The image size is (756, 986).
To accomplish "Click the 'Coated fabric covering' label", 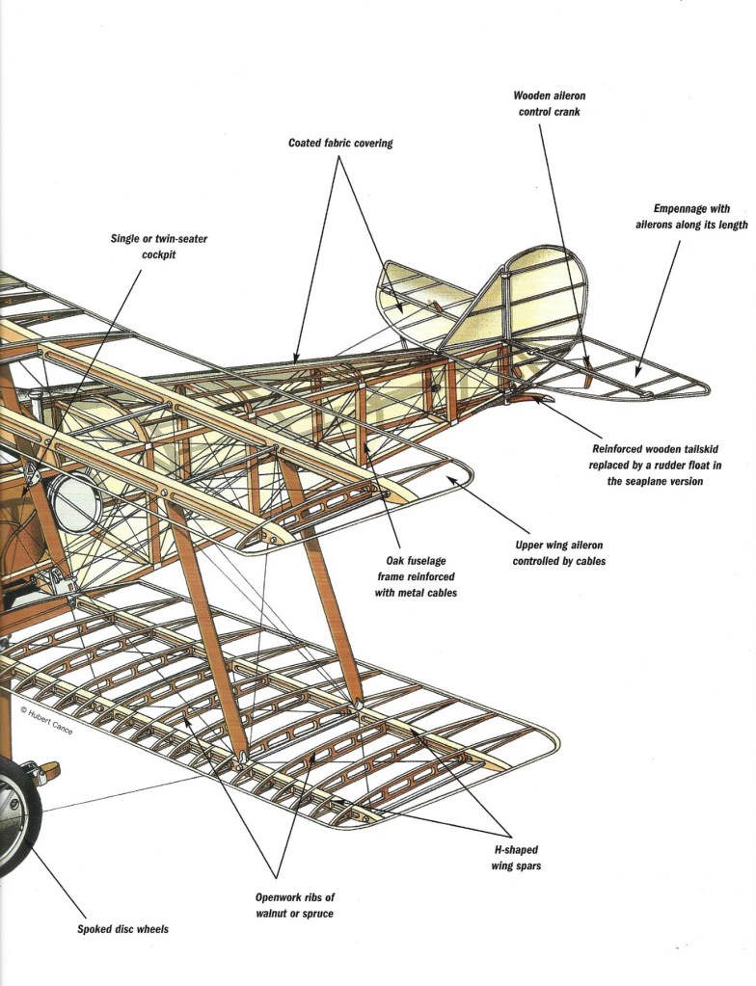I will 340,143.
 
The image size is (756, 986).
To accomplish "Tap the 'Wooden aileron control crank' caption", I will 549,103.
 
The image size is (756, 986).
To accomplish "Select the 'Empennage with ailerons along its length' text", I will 691,217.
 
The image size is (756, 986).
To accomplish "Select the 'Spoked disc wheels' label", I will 122,929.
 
